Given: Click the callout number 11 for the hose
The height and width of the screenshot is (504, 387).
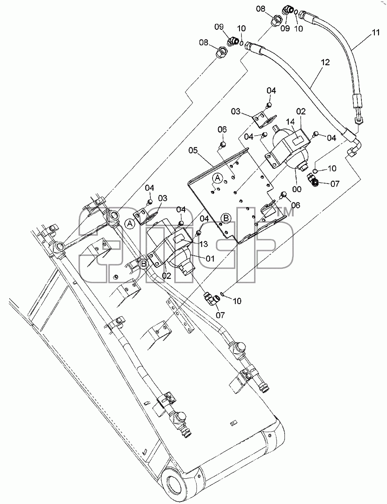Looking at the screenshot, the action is coord(375,32).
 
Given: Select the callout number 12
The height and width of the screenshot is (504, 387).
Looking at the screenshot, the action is coord(325,63).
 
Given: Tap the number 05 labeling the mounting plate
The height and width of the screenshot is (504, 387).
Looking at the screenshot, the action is coord(193,150).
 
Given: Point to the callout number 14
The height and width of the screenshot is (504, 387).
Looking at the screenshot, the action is coord(290,121).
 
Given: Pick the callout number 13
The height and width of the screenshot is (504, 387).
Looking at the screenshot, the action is coord(203,244).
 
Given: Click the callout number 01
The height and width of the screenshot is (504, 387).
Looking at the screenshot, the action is coord(210,258).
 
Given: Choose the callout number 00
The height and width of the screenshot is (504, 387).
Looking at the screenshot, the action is coord(297,189).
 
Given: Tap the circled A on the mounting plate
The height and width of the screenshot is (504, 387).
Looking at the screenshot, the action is coord(217,178).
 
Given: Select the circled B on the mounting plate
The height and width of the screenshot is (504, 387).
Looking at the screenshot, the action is coord(226,218).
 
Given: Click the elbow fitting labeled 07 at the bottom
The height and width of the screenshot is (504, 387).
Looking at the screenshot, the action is coord(211,298).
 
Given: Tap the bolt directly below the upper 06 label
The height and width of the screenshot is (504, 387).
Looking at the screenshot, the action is coord(222,145).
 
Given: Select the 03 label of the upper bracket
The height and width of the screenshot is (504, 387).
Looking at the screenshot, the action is coord(236,112).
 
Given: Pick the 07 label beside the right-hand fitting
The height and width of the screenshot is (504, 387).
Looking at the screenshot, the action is coord(335,184).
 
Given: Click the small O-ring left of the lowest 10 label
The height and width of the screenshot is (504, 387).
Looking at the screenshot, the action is coord(222,294).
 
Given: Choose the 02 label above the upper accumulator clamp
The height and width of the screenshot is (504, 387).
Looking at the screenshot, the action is coord(301,112).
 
